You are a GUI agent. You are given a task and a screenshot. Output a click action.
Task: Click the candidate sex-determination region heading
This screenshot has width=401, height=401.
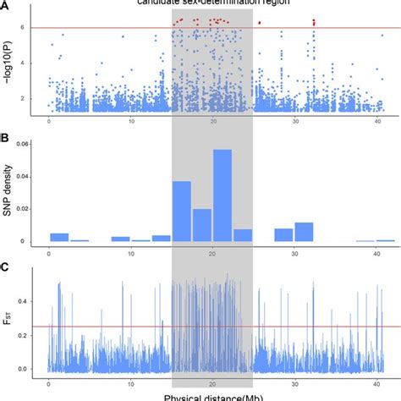tap(211, 3)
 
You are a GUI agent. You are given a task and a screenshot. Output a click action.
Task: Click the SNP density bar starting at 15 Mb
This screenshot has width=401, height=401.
tap(182, 211)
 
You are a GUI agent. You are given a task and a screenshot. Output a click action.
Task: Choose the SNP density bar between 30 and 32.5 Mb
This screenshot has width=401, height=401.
tap(304, 233)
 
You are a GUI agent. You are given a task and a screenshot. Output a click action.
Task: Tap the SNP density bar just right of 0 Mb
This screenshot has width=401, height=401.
tap(59, 238)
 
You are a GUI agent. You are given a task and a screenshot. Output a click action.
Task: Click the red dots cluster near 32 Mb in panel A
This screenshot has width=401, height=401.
tap(314, 23)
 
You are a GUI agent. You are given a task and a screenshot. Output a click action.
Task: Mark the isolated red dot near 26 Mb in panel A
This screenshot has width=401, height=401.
tap(260, 23)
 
